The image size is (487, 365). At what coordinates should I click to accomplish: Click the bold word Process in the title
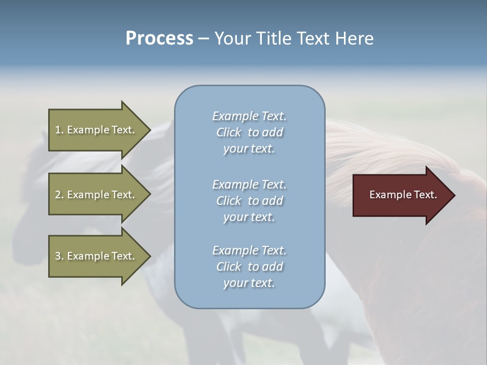tap(159, 39)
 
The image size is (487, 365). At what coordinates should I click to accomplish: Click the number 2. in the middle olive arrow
tap(59, 195)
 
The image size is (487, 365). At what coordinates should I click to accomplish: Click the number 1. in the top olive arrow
tap(59, 130)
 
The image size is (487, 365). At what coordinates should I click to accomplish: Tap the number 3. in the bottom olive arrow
tap(59, 256)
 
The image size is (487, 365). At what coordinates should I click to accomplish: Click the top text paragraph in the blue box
tap(249, 132)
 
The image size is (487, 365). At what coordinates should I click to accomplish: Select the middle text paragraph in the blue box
tap(249, 201)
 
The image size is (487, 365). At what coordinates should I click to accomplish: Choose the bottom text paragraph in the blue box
tap(249, 267)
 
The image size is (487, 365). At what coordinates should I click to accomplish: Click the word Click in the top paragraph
tap(228, 133)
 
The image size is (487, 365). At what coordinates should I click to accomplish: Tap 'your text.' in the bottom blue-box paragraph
tap(249, 283)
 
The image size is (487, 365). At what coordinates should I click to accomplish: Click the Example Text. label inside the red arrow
tap(403, 195)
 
